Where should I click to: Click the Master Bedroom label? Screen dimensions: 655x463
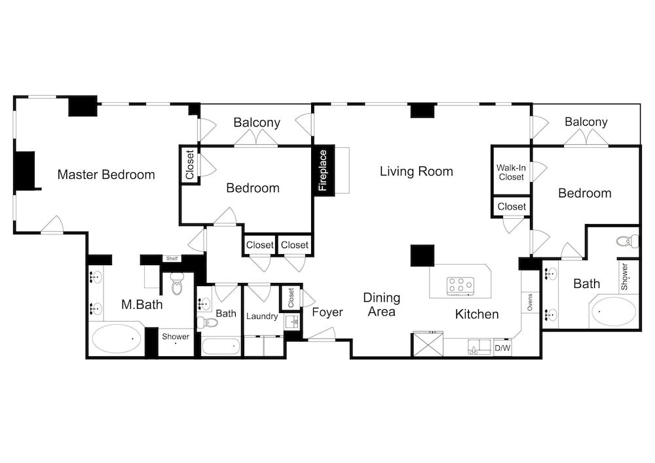click(106, 174)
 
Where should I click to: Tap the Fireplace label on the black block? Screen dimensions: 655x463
click(323, 170)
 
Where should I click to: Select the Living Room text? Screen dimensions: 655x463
click(417, 171)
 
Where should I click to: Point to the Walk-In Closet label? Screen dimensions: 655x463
click(512, 172)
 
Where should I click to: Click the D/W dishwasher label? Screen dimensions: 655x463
click(502, 348)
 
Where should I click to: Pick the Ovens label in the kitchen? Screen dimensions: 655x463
click(530, 303)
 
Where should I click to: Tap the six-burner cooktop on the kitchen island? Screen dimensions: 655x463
click(460, 286)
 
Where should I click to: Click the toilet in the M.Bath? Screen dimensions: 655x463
click(178, 284)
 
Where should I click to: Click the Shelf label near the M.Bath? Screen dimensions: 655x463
click(172, 259)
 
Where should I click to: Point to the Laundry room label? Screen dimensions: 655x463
click(262, 316)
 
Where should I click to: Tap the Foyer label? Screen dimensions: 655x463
click(327, 312)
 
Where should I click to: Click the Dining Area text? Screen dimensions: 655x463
click(381, 305)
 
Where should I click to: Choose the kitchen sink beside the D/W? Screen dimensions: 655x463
click(480, 347)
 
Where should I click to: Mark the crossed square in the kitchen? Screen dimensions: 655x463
click(428, 344)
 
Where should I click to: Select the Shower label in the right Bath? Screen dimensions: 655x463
click(624, 276)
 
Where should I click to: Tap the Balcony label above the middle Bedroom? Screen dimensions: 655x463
click(257, 122)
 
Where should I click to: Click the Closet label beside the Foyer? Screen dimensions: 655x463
click(291, 297)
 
